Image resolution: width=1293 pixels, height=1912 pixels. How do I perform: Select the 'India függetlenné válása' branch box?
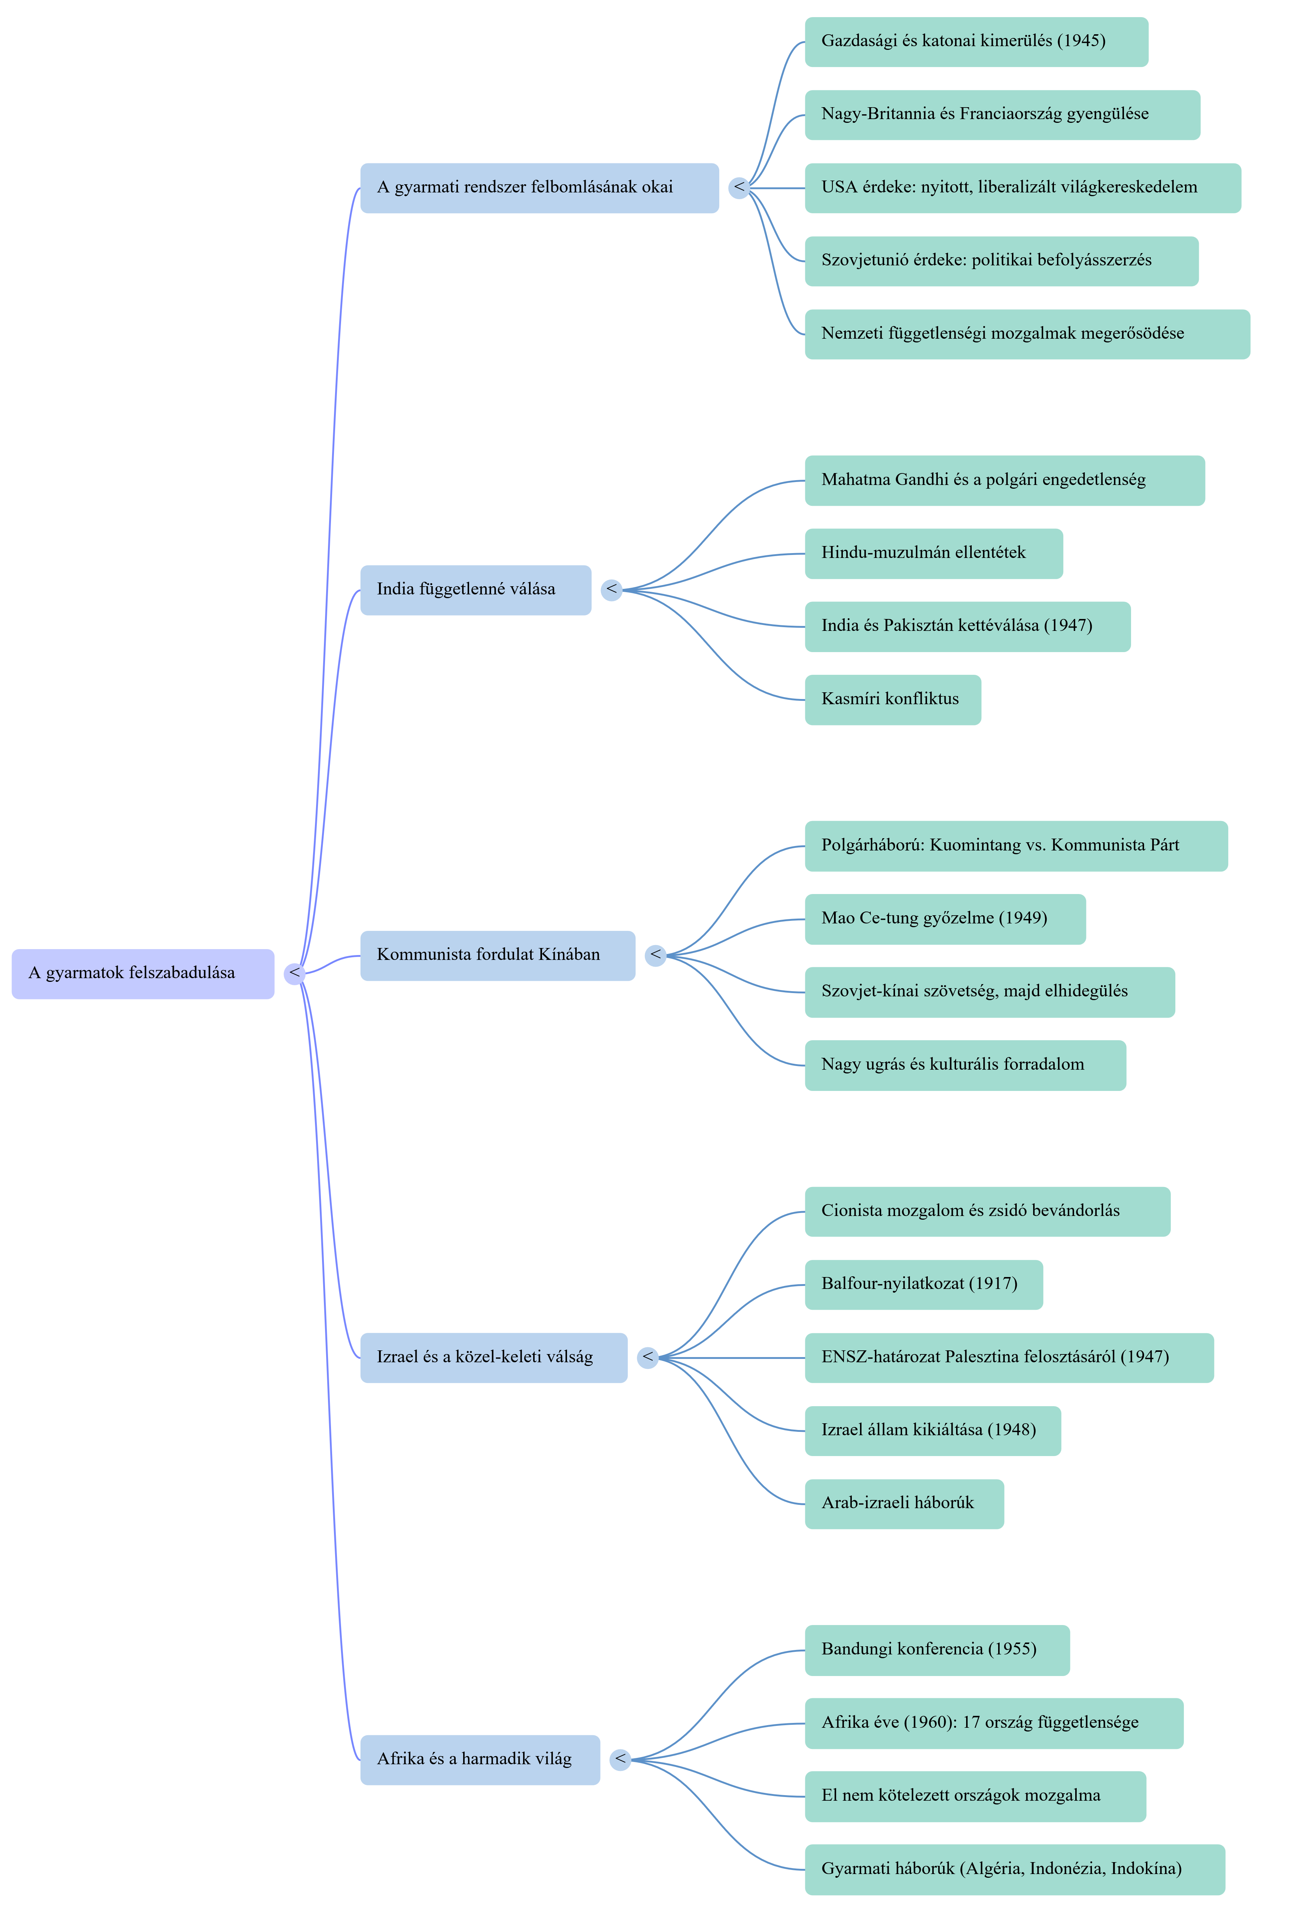(x=476, y=590)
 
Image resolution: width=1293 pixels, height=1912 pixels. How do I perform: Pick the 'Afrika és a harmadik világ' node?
(x=480, y=1760)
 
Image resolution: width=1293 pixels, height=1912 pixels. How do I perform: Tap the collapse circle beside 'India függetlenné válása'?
(x=612, y=590)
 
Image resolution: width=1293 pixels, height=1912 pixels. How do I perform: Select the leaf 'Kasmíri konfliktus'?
(x=893, y=699)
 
